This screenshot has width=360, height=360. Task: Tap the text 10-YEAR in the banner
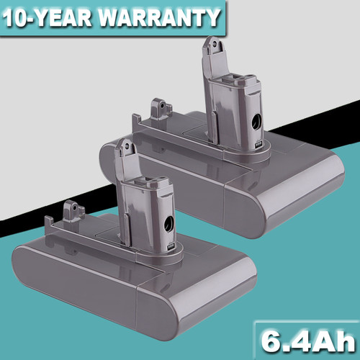click(48, 18)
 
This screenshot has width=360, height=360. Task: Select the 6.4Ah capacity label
click(308, 341)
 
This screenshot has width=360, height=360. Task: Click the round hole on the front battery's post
click(169, 224)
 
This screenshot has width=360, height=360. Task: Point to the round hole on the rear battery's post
click(256, 122)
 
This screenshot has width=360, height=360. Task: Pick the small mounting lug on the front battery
click(73, 211)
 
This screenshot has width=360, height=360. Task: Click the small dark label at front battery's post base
click(172, 246)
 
